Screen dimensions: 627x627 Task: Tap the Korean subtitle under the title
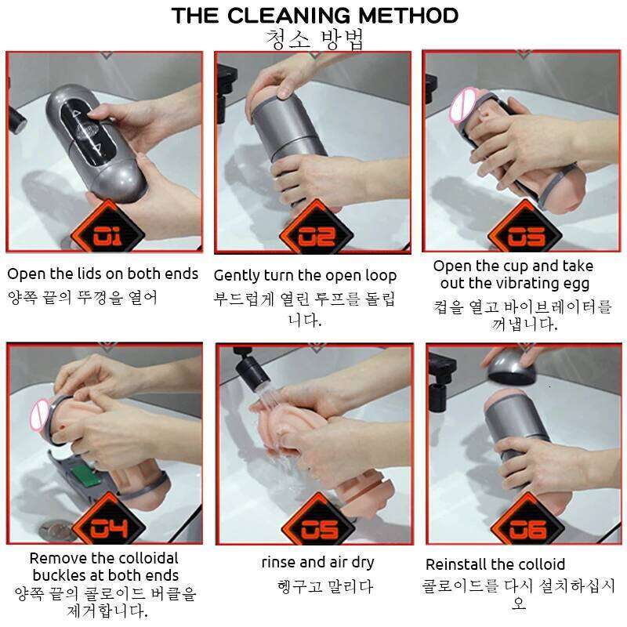tap(314, 39)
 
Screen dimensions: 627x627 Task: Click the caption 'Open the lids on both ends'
tap(103, 274)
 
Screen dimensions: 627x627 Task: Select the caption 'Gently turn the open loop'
tap(305, 276)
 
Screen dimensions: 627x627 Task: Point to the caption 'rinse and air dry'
tap(317, 562)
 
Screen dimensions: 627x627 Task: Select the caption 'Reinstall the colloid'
tap(495, 564)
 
